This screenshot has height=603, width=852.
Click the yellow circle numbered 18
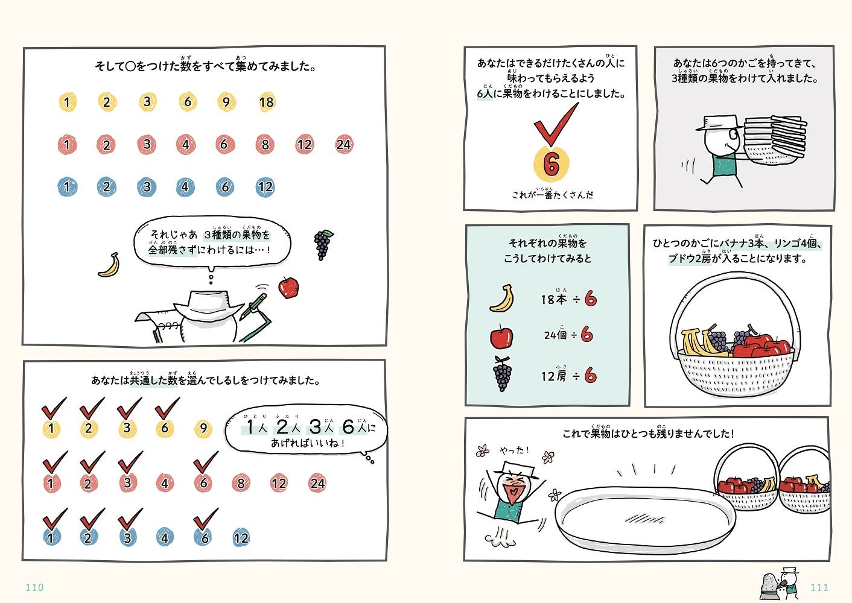tap(266, 102)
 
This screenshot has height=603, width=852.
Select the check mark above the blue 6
tap(205, 519)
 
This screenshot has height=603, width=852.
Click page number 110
tap(34, 587)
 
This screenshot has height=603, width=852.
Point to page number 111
tap(819, 587)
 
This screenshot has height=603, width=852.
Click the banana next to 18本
tap(502, 298)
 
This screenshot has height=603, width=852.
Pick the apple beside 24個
tap(501, 336)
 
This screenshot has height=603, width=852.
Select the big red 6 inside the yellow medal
tap(551, 164)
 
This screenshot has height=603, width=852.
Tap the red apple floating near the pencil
tap(288, 287)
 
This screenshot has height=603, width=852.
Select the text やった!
tap(514, 450)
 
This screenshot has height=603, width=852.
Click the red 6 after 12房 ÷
tap(591, 376)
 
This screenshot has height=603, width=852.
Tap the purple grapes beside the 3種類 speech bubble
tap(323, 244)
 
